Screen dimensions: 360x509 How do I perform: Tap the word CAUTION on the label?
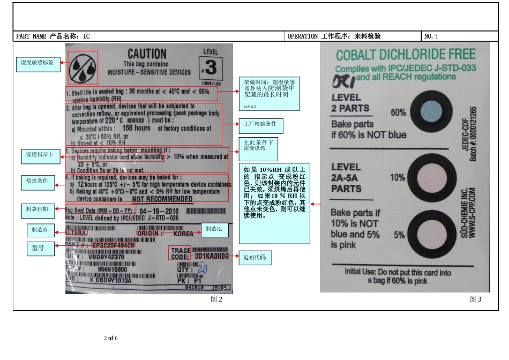147,54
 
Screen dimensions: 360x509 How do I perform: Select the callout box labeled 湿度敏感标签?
38,63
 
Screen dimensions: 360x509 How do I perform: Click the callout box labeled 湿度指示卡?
40,155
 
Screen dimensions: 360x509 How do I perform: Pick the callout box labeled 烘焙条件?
38,181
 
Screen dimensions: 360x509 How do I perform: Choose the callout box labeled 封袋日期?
38,209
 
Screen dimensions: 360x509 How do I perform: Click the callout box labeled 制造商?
40,230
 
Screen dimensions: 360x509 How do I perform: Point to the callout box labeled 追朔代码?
255,258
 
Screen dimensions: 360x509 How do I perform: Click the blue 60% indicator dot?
427,112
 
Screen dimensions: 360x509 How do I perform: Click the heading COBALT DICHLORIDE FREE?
405,55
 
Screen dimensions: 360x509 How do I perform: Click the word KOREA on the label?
184,234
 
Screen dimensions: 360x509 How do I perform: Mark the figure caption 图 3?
475,299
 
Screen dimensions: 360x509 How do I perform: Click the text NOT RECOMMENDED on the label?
162,199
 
